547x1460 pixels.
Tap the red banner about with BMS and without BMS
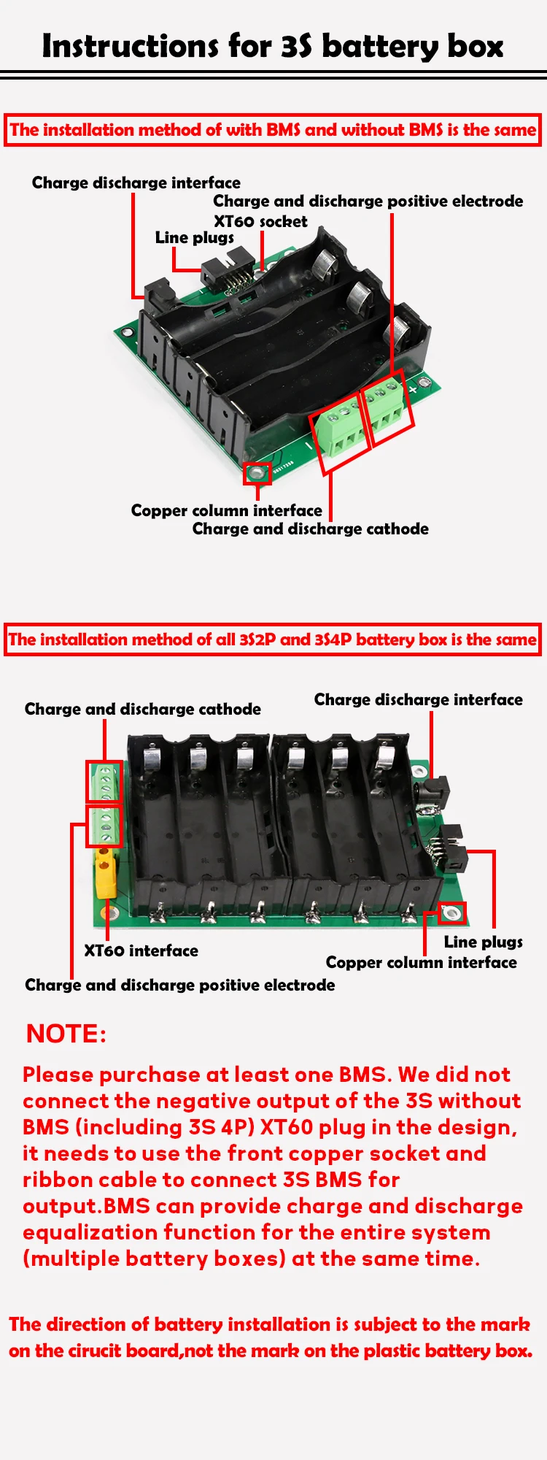(273, 131)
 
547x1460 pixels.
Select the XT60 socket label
(260, 221)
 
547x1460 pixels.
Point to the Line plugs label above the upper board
(194, 238)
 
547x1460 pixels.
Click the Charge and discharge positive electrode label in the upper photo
(368, 201)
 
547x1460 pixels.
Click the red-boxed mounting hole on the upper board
(257, 473)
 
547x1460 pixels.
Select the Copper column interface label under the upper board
(226, 510)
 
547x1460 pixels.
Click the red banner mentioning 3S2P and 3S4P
(273, 639)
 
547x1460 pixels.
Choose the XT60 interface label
(141, 950)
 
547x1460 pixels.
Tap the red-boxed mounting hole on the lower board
(453, 912)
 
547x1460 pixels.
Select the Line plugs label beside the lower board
(483, 942)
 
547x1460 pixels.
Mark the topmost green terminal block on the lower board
(104, 781)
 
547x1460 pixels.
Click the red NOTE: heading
(66, 1034)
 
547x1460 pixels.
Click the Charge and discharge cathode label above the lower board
(142, 709)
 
